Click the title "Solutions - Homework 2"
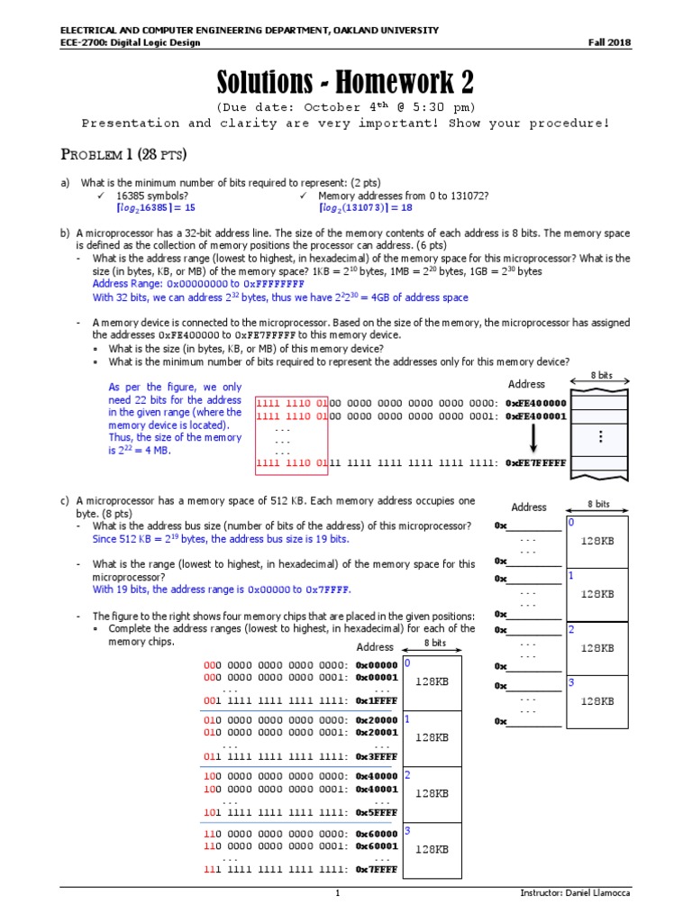click(x=345, y=83)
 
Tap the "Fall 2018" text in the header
click(x=610, y=42)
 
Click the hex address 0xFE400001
click(x=536, y=416)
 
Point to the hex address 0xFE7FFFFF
click(x=536, y=463)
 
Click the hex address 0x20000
click(x=376, y=720)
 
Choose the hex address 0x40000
click(x=376, y=776)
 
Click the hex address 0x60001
click(x=376, y=846)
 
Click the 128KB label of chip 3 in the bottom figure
click(x=432, y=849)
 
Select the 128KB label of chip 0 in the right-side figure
click(x=596, y=541)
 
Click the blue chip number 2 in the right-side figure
click(x=570, y=629)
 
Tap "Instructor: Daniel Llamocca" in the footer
click(x=576, y=893)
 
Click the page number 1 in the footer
click(x=338, y=893)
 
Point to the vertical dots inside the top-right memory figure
click(x=600, y=436)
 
